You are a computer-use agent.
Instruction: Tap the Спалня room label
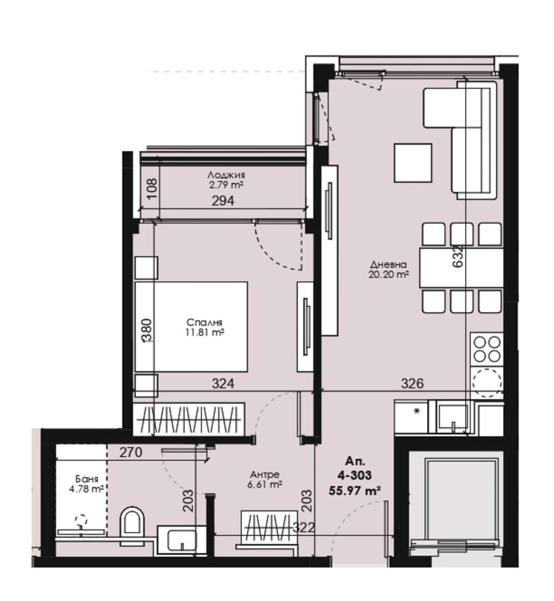coord(205,321)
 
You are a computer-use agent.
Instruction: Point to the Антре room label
coord(265,474)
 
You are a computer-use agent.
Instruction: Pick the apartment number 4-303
coord(354,475)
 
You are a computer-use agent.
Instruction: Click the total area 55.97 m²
coord(355,491)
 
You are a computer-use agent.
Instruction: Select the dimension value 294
coord(223,201)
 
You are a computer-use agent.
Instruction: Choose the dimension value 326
coord(412,383)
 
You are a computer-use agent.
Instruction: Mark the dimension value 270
coord(131,452)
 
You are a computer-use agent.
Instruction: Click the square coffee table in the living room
coord(413,163)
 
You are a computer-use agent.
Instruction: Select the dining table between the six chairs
coord(461,268)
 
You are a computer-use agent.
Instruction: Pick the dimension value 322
coord(304,528)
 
